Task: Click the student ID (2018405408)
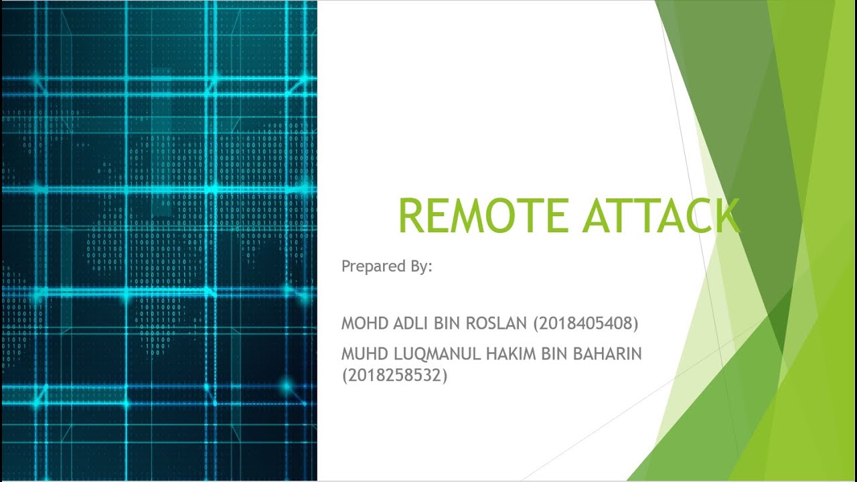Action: click(586, 324)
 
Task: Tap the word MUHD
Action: click(360, 354)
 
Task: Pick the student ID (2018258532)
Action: click(394, 376)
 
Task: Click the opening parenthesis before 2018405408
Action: click(536, 324)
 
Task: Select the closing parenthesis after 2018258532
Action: click(445, 376)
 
